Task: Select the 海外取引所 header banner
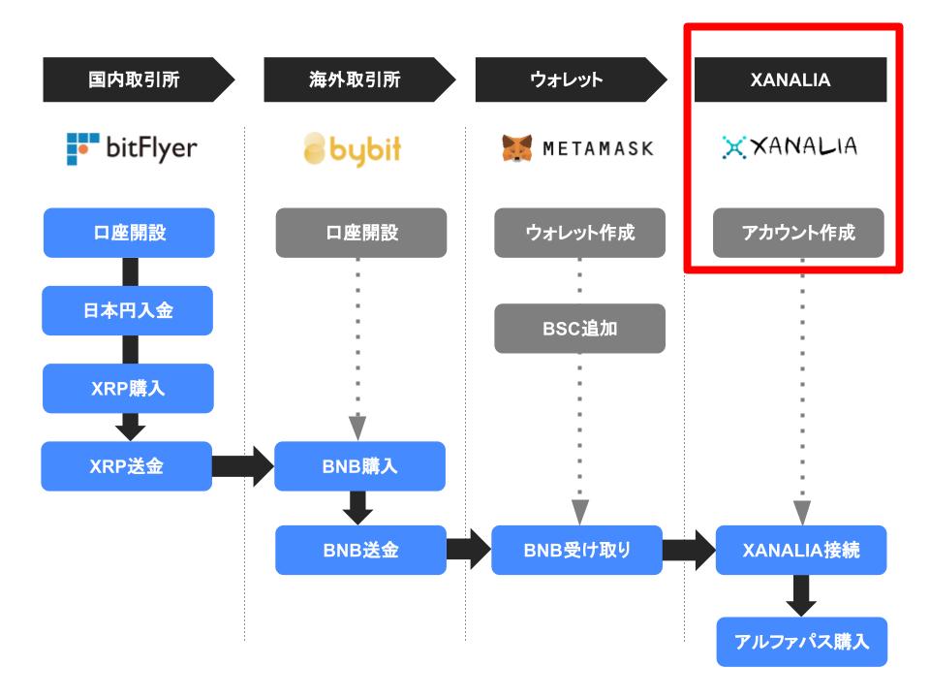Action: click(x=358, y=79)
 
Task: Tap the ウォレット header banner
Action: click(x=571, y=79)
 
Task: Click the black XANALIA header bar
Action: click(x=790, y=79)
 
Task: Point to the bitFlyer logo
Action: click(x=132, y=148)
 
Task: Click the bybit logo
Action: click(x=353, y=149)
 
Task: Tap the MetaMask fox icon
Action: click(x=516, y=147)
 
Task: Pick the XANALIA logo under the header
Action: click(x=790, y=146)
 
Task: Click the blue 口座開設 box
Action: click(x=129, y=233)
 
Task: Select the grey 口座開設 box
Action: click(x=361, y=233)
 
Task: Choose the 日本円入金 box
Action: click(x=128, y=310)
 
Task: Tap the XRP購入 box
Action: click(x=128, y=388)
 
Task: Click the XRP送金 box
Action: click(x=126, y=466)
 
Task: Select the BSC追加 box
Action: click(x=579, y=329)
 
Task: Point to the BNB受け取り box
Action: click(x=576, y=551)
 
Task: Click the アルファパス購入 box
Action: click(x=802, y=642)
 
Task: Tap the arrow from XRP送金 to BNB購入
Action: click(x=243, y=466)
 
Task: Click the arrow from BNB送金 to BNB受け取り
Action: click(x=469, y=550)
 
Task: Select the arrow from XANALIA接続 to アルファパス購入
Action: click(x=801, y=596)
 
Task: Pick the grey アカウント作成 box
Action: click(x=798, y=233)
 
